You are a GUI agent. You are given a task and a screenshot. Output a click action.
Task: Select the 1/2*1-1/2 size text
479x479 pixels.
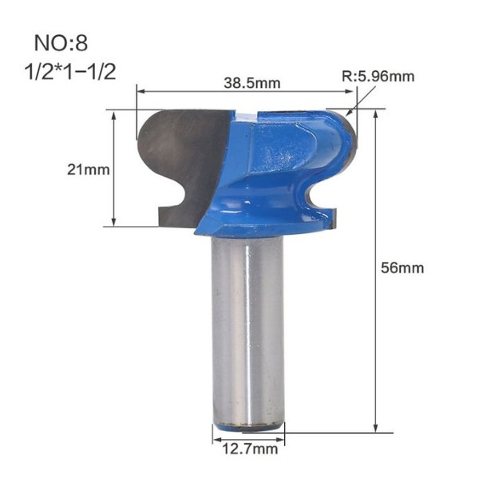(71, 71)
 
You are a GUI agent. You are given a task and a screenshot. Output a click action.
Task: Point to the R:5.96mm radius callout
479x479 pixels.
(378, 77)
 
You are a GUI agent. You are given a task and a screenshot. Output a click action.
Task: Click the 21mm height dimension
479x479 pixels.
(88, 168)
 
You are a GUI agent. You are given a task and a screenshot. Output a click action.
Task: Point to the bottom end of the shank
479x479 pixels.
(247, 425)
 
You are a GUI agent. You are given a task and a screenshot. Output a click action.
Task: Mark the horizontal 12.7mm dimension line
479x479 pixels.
(247, 435)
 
